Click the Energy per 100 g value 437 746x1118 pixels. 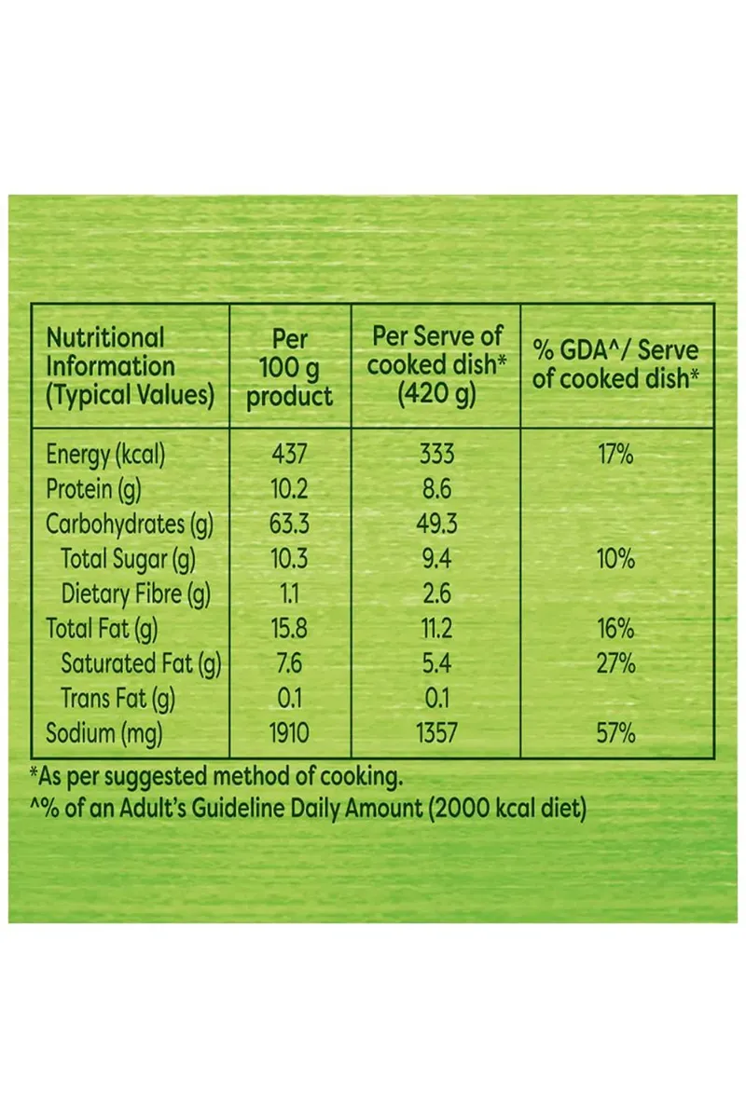point(289,455)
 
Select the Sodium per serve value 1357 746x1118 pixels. point(436,734)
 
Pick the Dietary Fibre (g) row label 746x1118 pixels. point(136,593)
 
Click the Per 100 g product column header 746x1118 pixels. point(289,366)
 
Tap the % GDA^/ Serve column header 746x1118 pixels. point(615,366)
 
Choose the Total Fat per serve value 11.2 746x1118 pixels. point(436,629)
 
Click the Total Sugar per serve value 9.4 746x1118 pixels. point(436,559)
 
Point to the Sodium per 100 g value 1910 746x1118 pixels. point(289,734)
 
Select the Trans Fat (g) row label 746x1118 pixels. point(118,699)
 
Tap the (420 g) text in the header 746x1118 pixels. point(436,395)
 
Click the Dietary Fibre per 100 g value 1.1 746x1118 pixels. point(289,593)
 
